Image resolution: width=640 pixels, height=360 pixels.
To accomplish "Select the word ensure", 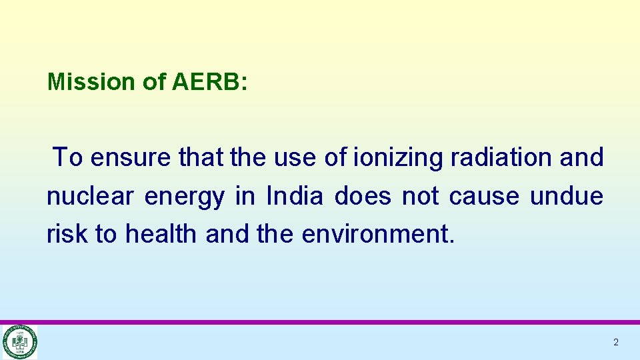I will pos(132,158).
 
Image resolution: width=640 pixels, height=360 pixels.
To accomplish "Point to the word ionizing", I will pos(399,158).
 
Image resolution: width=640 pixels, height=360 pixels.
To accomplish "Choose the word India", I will pos(294,197).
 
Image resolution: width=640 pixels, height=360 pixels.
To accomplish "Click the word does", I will pos(363,197).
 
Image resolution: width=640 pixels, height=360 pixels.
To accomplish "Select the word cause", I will pos(484,197).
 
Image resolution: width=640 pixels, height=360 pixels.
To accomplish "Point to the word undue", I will pos(566,197).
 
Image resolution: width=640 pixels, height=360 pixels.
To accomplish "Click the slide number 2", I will pos(616,343).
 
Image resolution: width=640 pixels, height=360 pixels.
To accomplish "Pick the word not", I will pos(420,197).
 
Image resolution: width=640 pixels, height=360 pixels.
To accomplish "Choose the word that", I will pos(201,158).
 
